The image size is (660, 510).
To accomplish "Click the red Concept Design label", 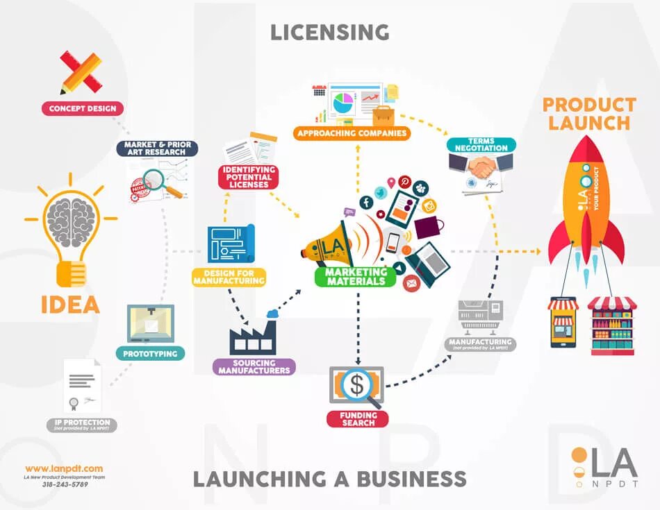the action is point(83,108).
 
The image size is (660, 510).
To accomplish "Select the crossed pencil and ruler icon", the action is point(81,72).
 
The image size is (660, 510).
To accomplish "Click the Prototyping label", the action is point(150,354).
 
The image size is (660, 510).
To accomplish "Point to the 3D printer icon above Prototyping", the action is point(151,323).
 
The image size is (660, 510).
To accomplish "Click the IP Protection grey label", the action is point(82,425).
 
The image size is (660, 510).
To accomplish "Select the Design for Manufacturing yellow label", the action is point(229,277).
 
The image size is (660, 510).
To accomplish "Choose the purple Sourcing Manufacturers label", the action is point(254,366).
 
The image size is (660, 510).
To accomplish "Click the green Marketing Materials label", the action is point(356,276).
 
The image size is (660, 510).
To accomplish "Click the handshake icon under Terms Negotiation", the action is point(481,167).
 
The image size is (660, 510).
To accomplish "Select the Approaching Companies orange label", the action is point(352,133).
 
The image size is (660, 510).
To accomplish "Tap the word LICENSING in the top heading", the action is point(329,32).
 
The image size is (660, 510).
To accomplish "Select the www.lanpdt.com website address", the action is point(64,468).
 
